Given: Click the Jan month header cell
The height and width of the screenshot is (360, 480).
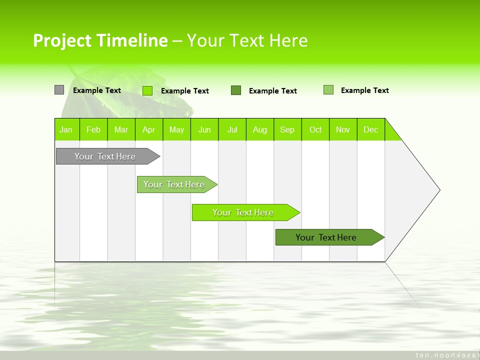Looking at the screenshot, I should click(66, 129).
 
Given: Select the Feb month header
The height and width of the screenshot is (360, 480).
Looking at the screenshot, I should click(93, 129).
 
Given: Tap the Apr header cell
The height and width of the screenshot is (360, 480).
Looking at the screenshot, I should click(149, 129).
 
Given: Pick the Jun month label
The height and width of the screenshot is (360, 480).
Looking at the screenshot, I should click(204, 129).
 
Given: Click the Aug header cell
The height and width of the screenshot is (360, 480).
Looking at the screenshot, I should click(260, 129).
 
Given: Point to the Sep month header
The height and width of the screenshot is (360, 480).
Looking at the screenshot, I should click(287, 129).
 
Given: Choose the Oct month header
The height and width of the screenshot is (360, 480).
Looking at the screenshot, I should click(315, 129).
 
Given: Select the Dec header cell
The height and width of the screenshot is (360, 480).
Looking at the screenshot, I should click(371, 129).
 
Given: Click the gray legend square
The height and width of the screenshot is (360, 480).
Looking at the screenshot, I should click(59, 90).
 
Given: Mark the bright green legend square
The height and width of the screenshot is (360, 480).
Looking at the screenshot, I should click(147, 90).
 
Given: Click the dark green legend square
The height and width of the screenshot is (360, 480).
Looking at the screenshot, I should click(236, 90).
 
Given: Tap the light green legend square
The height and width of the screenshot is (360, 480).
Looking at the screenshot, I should click(328, 90).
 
